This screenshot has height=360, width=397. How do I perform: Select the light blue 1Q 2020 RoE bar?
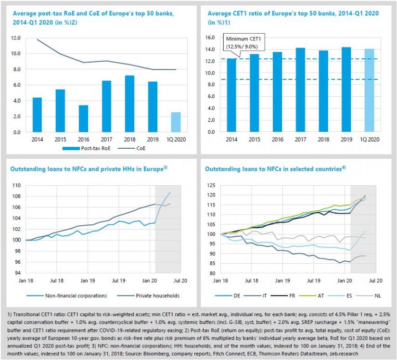coord(177,122)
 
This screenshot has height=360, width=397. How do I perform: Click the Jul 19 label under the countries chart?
coord(313,280)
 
